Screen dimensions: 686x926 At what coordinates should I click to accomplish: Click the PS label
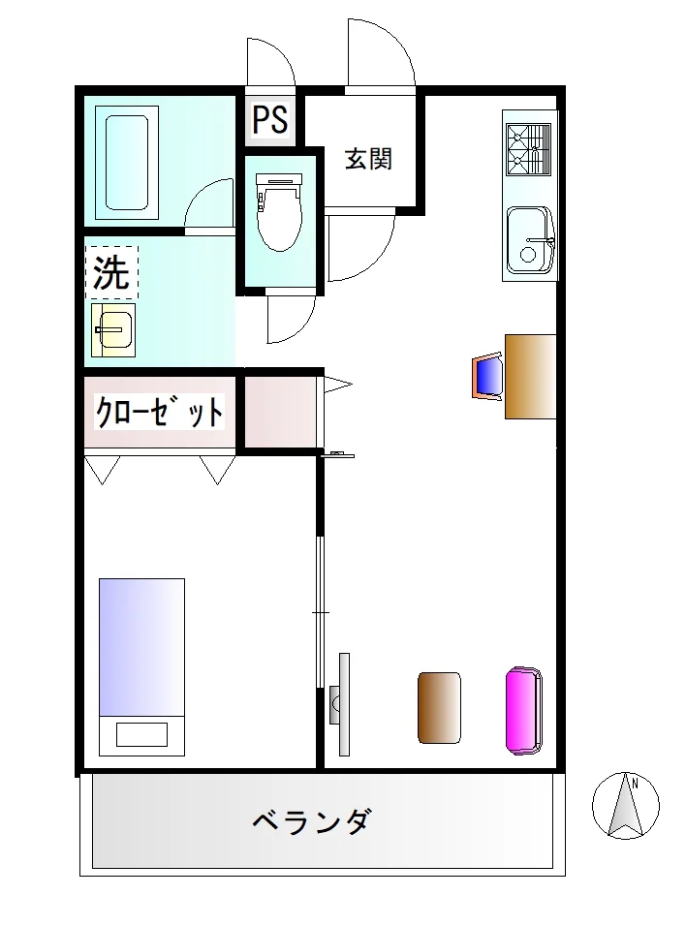(x=270, y=118)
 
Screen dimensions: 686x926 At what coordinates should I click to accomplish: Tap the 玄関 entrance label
(x=368, y=158)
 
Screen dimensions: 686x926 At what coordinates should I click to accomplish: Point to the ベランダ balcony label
(x=313, y=820)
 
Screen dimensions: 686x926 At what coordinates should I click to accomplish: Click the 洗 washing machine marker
(x=111, y=272)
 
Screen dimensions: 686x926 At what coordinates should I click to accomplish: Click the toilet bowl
(x=279, y=211)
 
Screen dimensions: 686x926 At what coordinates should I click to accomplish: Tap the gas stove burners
(x=528, y=149)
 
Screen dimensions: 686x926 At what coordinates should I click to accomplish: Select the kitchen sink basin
(x=529, y=240)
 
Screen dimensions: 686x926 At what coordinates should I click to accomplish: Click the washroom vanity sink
(x=112, y=330)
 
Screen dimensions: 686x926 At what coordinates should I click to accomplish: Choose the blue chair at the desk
(x=487, y=377)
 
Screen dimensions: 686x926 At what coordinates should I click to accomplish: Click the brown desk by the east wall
(x=531, y=376)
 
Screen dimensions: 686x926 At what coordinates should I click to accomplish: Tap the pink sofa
(x=523, y=710)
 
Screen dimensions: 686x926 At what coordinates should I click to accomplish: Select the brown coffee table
(x=439, y=707)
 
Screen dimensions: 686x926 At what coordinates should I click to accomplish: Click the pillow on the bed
(x=141, y=734)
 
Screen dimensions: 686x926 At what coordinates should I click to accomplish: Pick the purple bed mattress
(x=141, y=647)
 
